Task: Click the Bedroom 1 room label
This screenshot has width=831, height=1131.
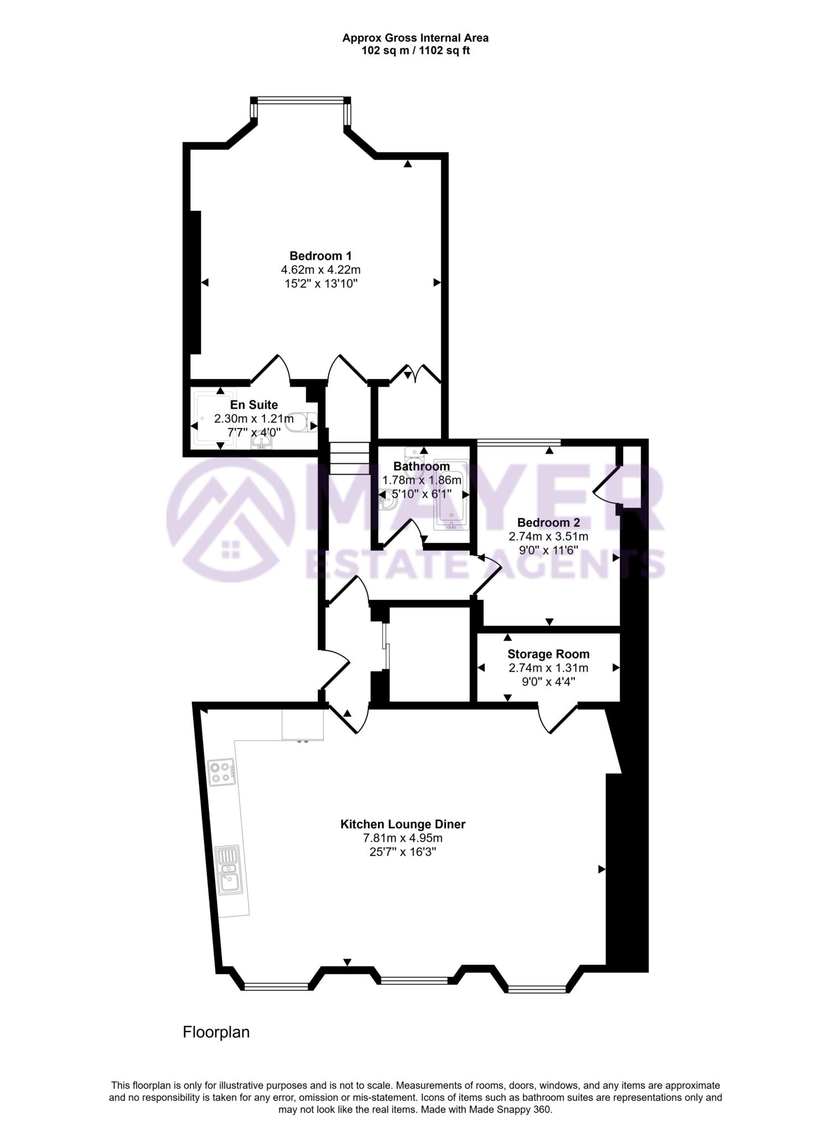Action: pos(320,256)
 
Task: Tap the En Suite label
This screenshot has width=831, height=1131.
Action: pos(254,405)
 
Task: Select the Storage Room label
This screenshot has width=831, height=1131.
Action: pos(548,654)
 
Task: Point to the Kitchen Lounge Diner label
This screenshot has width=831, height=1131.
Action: pos(402,825)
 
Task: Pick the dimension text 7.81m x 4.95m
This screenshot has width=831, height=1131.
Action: pos(402,838)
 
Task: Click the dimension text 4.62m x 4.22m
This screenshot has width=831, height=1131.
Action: pos(320,270)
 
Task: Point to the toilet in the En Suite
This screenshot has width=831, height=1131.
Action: pos(303,422)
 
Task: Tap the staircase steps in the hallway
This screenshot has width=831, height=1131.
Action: pos(349,458)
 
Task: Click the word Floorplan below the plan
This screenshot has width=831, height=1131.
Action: pos(216,1032)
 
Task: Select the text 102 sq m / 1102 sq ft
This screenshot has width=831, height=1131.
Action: pos(415,50)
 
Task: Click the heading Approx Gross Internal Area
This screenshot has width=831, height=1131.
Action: pos(415,38)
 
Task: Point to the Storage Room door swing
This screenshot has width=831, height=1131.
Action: pos(557,719)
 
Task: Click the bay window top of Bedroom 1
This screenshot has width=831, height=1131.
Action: pos(302,100)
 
